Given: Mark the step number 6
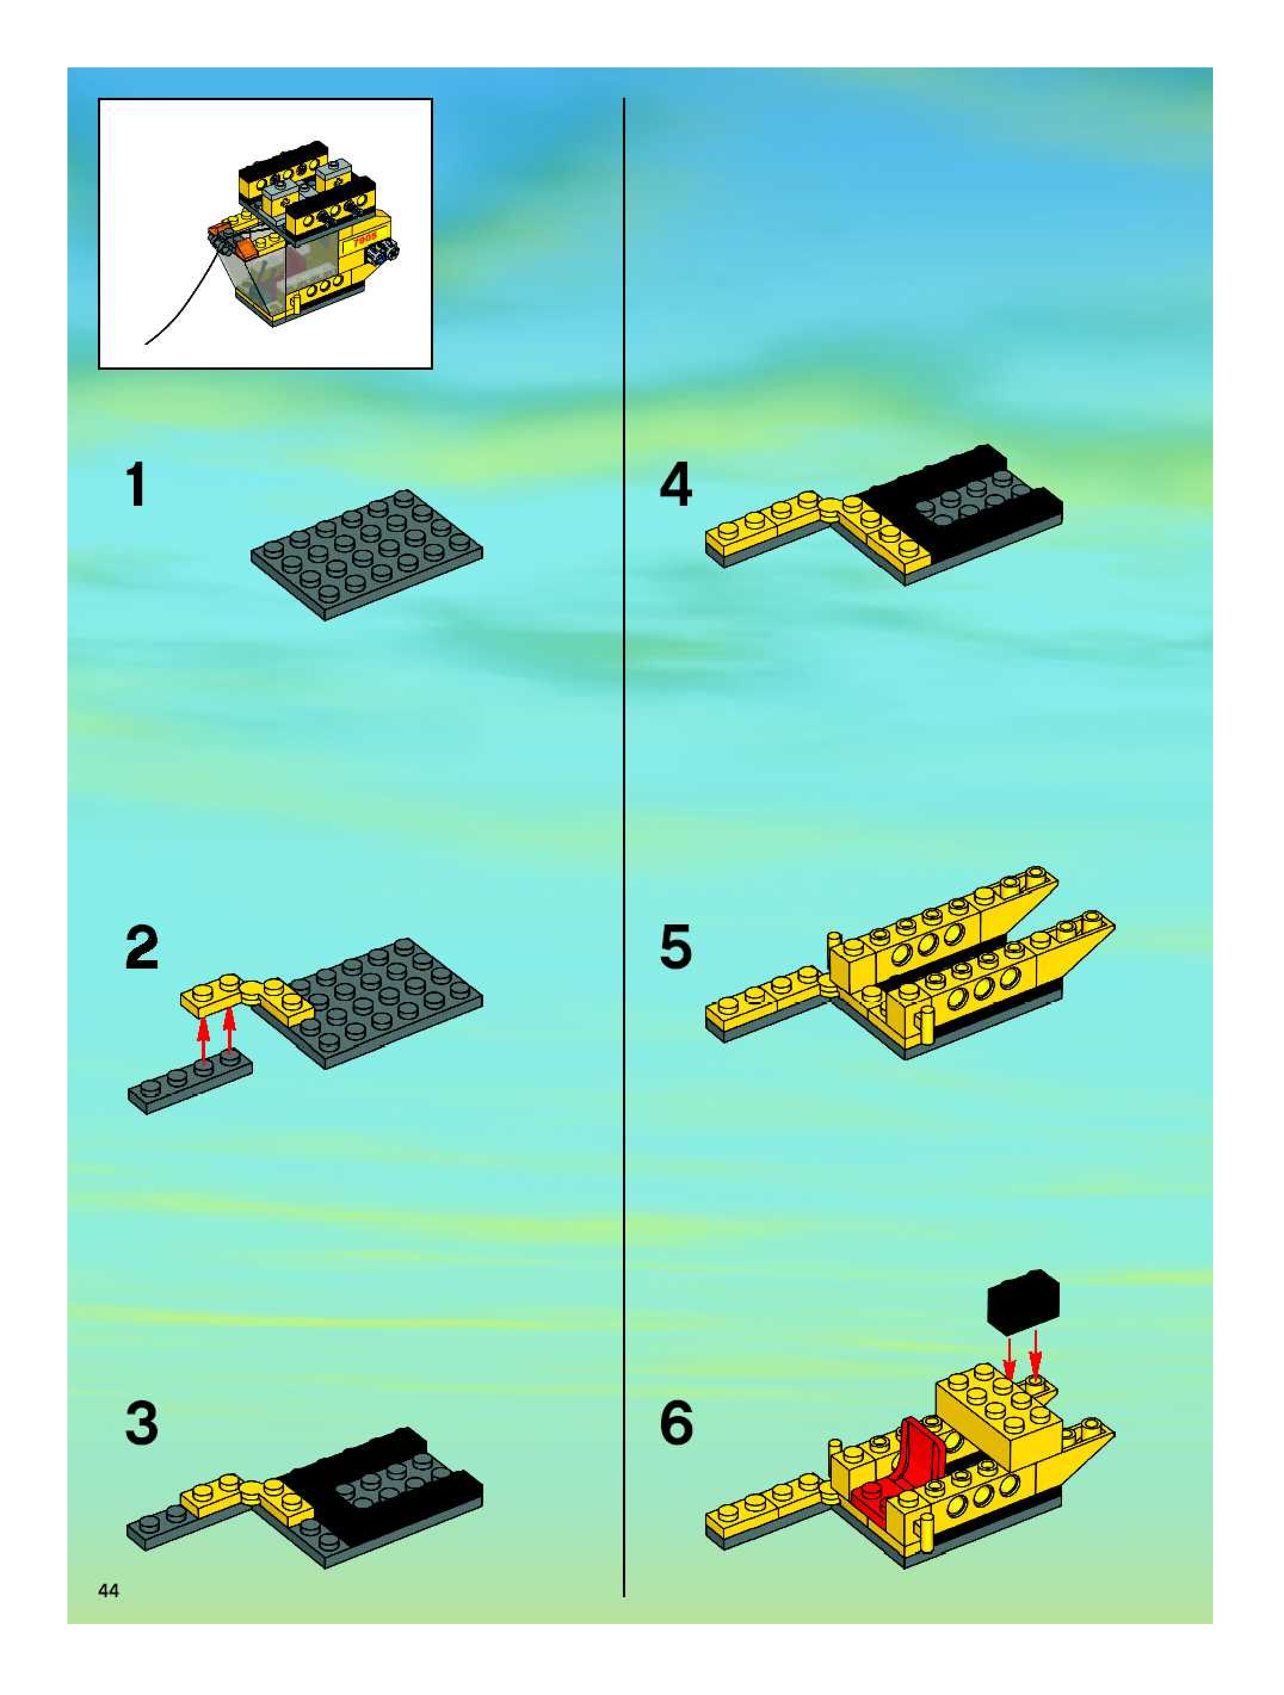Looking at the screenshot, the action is tap(676, 1423).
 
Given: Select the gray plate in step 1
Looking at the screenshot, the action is tap(367, 554).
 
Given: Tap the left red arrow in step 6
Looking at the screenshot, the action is tap(1010, 1359).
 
